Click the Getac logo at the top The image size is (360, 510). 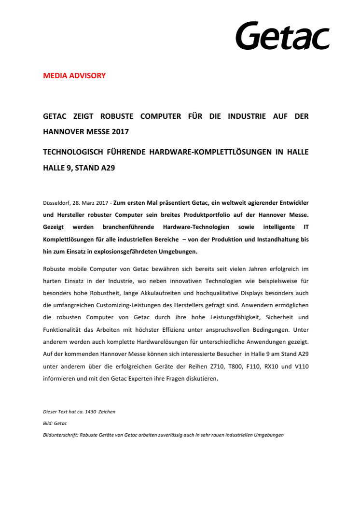(282, 36)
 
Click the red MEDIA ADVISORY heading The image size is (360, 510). (74, 76)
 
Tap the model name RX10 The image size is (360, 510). (281, 366)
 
